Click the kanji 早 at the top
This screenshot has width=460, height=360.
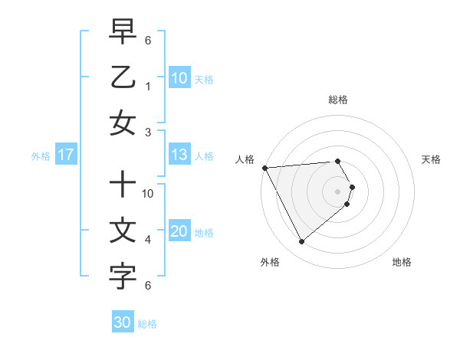[123, 31]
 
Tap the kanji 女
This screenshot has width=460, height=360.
[123, 123]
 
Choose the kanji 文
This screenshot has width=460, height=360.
[123, 230]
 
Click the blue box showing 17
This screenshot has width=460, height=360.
[66, 155]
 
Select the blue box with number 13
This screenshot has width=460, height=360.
[179, 155]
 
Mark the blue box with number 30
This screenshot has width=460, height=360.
[123, 322]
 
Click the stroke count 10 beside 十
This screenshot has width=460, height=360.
[149, 194]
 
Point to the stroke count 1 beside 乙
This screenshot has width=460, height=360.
[149, 87]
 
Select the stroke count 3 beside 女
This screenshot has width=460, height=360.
[149, 132]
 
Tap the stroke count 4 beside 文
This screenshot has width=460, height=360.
[149, 240]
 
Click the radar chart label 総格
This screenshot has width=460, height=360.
[338, 100]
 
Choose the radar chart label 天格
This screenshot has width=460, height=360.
[432, 159]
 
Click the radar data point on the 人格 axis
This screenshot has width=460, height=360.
[264, 167]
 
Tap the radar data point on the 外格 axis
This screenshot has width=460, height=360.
[301, 242]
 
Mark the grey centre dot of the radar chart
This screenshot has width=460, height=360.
[338, 191]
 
